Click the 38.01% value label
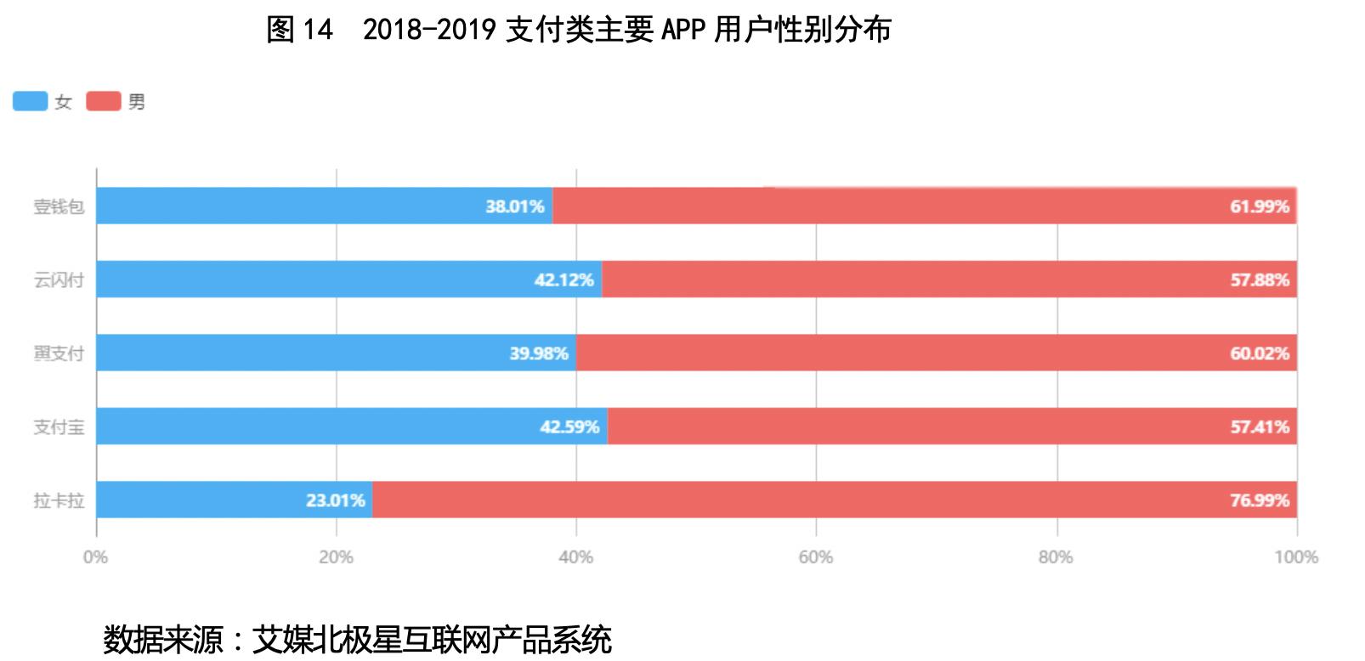[x=514, y=206]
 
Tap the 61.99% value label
[x=1259, y=206]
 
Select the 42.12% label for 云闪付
[x=564, y=280]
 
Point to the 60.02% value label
[x=1259, y=353]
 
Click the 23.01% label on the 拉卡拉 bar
[x=336, y=500]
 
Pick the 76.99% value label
[x=1259, y=500]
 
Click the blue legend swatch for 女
[x=30, y=102]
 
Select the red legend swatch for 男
[x=104, y=102]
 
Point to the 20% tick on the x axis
[x=336, y=557]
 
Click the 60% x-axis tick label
[x=815, y=557]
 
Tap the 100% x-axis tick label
[x=1296, y=557]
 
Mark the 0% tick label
[x=95, y=557]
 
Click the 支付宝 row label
[x=59, y=427]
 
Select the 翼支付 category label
[x=59, y=353]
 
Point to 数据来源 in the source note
[x=161, y=639]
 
